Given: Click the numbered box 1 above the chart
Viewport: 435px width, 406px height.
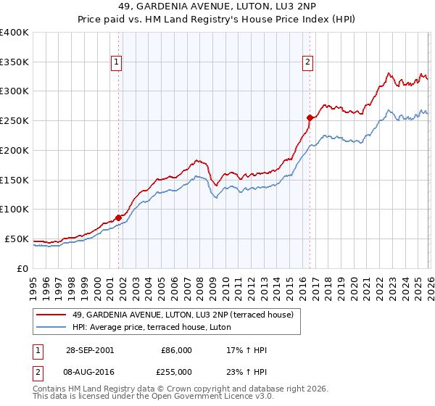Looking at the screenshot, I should point(116,63).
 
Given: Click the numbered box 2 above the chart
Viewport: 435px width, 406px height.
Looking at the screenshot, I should point(307,63).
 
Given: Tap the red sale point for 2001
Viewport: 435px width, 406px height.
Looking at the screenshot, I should point(119,217).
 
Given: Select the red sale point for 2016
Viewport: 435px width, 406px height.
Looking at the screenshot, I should point(310,117).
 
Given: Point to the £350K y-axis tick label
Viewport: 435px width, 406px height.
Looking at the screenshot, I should point(14,62).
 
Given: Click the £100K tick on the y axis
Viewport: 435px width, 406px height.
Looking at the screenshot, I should point(14,209).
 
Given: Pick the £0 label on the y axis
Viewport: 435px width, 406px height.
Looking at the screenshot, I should point(23,268).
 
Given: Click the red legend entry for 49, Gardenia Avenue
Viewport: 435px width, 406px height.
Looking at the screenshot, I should point(183,315).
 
